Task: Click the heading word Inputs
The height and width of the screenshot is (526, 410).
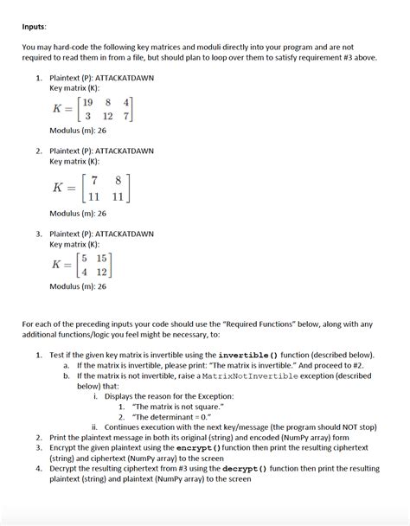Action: point(36,26)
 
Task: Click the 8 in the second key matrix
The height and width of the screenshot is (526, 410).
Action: point(119,180)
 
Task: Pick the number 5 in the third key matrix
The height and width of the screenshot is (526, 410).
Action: point(85,257)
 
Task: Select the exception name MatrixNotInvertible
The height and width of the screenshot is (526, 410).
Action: point(242,376)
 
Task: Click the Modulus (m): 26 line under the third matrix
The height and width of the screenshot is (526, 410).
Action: point(78,286)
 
